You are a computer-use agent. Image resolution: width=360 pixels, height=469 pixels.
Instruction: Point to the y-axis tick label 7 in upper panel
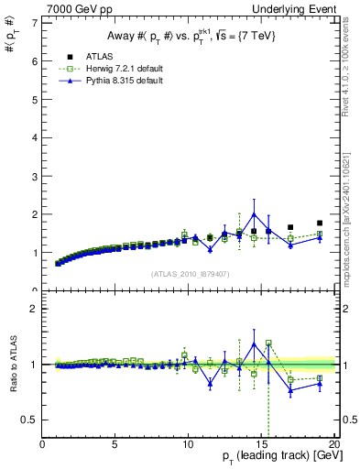click(34, 23)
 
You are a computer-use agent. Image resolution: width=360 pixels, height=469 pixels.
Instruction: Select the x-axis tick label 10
click(187, 446)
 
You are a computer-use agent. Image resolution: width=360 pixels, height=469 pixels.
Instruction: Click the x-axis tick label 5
click(115, 446)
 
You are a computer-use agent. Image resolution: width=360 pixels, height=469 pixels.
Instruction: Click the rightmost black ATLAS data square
click(320, 223)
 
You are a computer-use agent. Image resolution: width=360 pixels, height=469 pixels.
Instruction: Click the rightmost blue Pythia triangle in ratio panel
click(320, 383)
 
